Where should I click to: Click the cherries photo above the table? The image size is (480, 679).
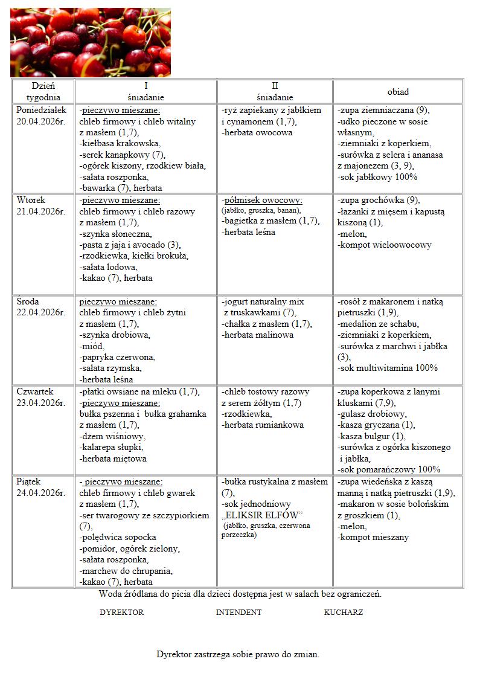point(91,42)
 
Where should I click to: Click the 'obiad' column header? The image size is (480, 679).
point(398,92)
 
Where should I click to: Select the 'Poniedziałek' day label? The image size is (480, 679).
point(42,111)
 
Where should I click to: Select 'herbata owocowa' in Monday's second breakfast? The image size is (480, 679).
point(258,132)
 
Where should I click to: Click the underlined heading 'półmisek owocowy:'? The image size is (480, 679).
point(262,200)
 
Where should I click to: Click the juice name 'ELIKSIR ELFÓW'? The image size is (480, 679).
point(262,515)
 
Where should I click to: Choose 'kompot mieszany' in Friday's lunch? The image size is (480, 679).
point(374,537)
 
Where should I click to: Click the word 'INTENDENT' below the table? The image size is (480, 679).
point(238,612)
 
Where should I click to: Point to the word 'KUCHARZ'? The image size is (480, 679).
point(344,612)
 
